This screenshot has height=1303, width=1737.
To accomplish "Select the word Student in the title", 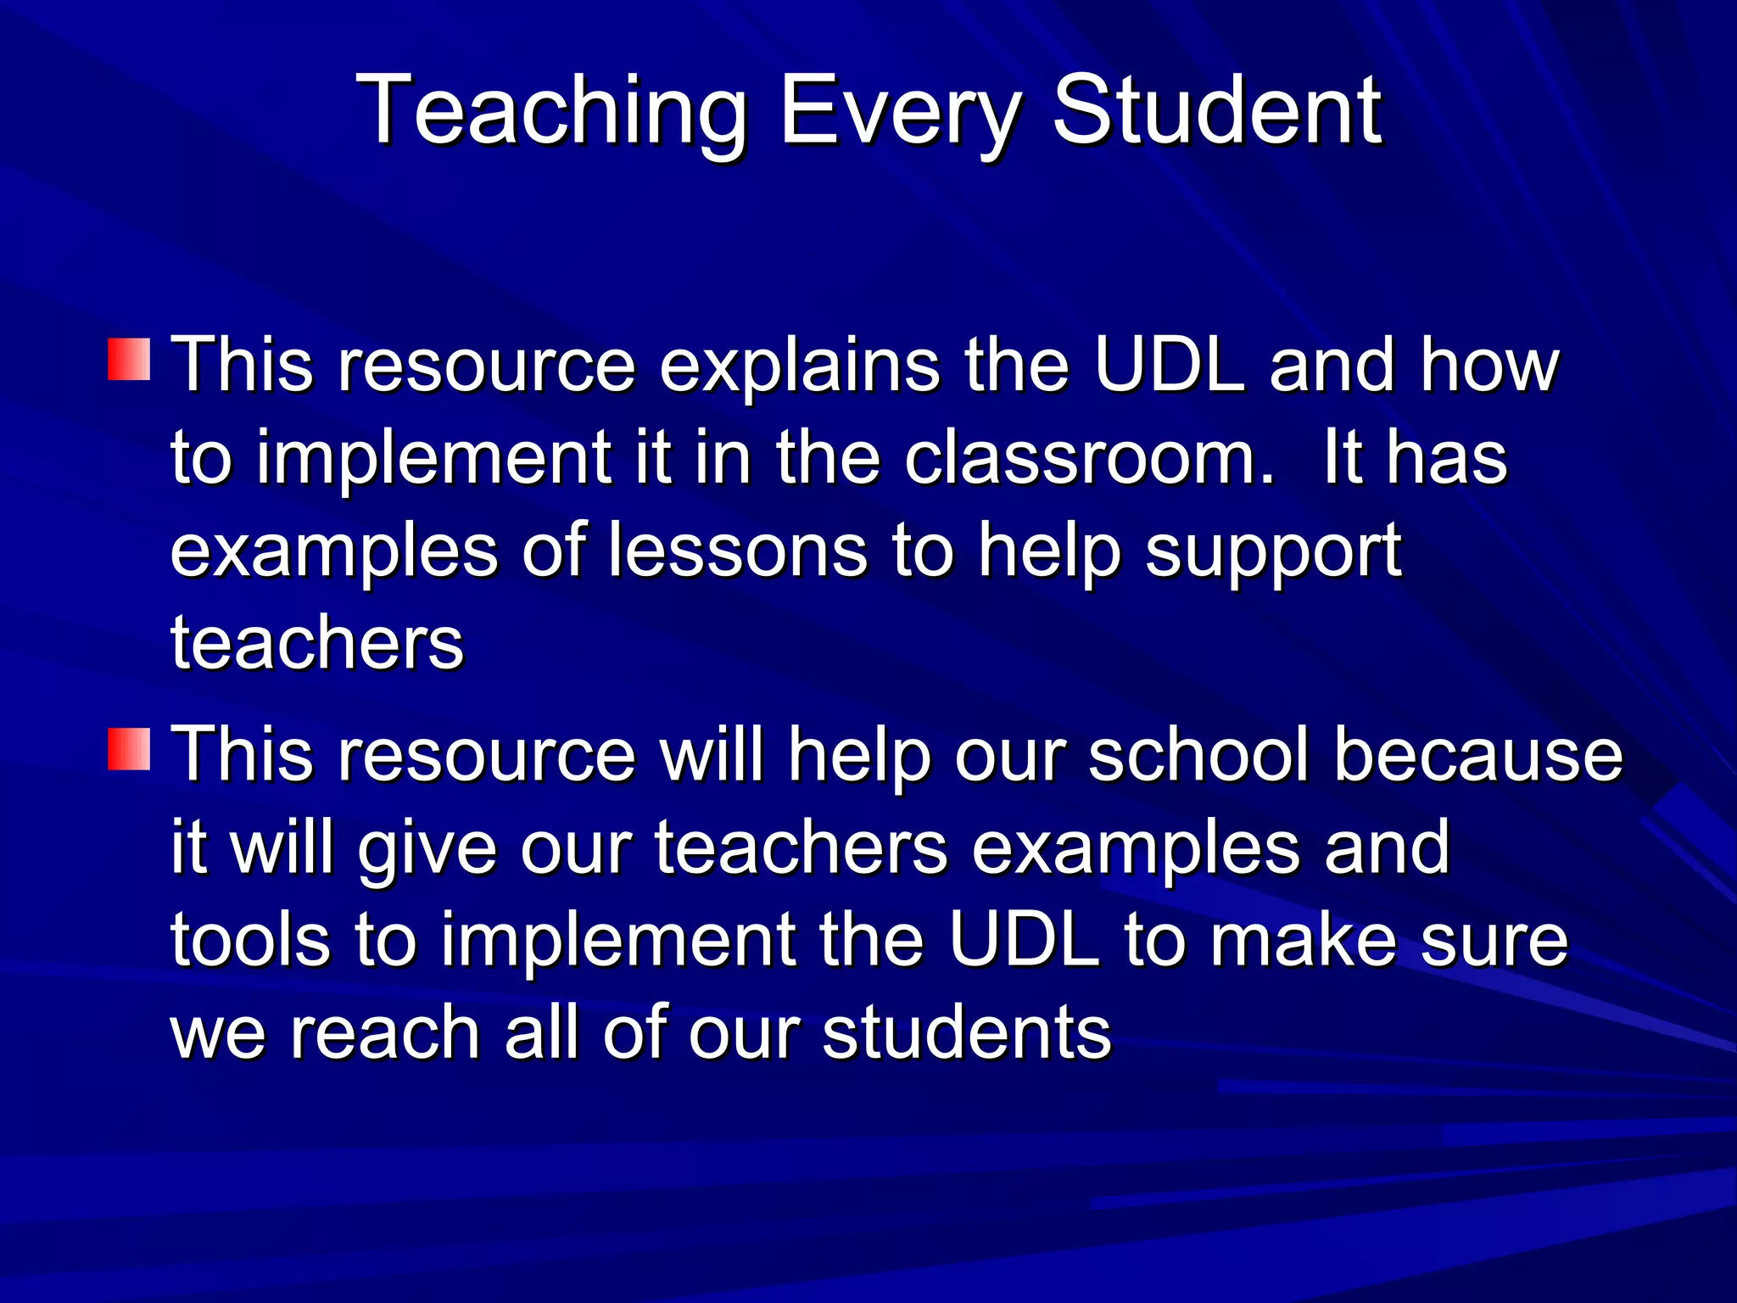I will coord(1217,110).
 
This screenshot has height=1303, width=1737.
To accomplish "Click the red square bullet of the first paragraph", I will coord(129,360).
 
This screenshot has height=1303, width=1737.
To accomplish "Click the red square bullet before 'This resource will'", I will coord(129,748).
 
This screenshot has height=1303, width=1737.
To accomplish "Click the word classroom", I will coord(1089,458).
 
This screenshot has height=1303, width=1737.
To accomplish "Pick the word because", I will coord(1477,755).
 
